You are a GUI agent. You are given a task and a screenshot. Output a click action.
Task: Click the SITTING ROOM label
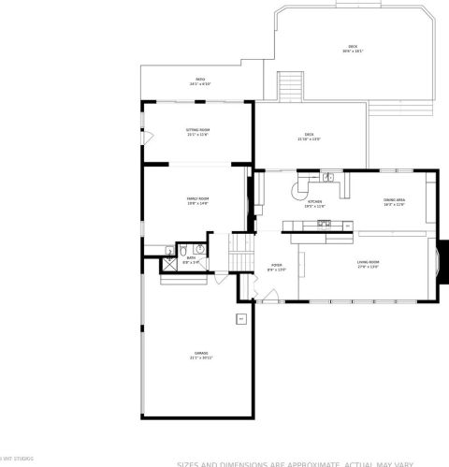click(x=197, y=132)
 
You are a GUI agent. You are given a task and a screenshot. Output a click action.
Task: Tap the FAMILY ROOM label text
click(x=197, y=200)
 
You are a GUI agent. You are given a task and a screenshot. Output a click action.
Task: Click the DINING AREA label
click(x=394, y=202)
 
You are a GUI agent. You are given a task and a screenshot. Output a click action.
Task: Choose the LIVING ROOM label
click(x=368, y=264)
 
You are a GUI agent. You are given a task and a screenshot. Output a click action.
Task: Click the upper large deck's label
click(x=353, y=48)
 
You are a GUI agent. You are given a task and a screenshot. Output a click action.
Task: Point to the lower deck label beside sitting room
click(x=309, y=137)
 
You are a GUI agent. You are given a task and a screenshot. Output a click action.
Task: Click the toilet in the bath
click(x=170, y=251)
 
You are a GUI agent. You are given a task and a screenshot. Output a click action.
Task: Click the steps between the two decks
click(x=293, y=87)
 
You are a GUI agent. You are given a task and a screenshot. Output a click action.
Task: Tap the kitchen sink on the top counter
click(x=328, y=178)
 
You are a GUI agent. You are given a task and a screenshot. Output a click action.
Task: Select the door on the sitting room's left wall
click(x=144, y=139)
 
